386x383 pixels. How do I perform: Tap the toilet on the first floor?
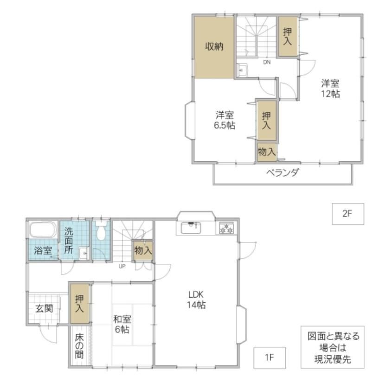tap(101, 230)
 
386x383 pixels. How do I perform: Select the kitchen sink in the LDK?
tap(191, 228)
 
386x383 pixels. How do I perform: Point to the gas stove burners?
tap(226, 228)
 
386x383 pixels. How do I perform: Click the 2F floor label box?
tap(348, 214)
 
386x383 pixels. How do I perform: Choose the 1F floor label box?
tap(270, 357)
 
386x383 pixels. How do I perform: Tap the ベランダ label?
tap(283, 172)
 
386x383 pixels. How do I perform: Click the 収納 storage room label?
tap(214, 46)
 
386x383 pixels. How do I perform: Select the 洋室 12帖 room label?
tap(330, 89)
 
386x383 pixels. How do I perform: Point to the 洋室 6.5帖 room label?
tap(225, 120)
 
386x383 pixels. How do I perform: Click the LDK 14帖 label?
tap(196, 300)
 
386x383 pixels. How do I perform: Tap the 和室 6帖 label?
tap(122, 324)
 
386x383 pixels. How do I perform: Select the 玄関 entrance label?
tap(44, 308)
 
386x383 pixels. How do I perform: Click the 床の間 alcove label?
tap(79, 346)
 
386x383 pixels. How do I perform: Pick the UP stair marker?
tap(122, 266)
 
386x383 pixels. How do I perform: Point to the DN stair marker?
tap(267, 62)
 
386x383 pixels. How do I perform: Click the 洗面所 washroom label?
tap(69, 241)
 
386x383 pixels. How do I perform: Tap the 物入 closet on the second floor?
tap(267, 152)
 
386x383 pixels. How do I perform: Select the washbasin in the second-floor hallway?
tap(243, 70)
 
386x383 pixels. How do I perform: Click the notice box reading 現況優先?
tap(332, 347)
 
